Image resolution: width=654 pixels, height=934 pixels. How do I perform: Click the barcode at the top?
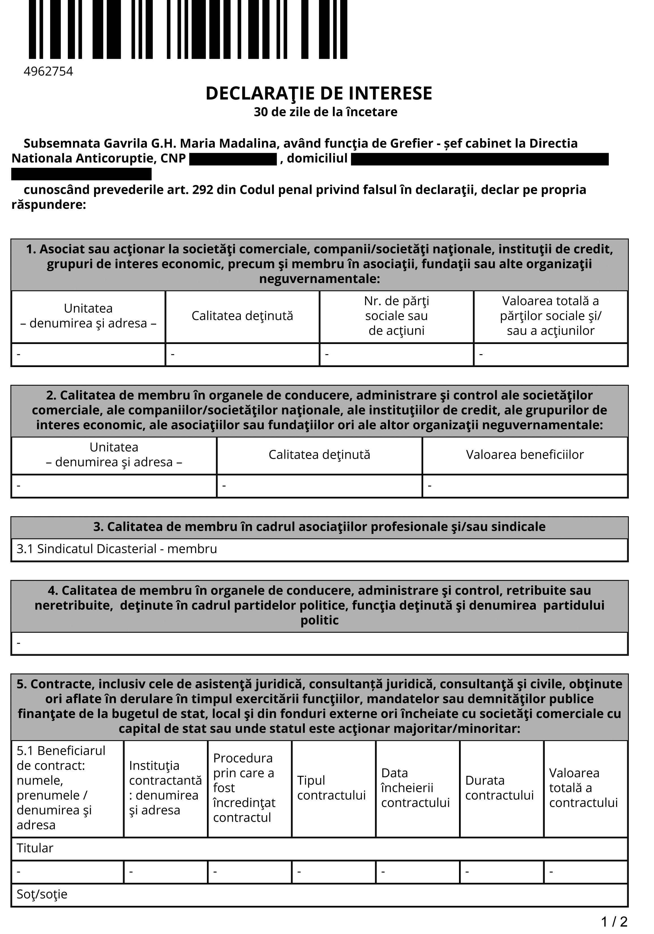pyautogui.click(x=188, y=29)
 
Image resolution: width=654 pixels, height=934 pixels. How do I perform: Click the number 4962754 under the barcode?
pyautogui.click(x=48, y=72)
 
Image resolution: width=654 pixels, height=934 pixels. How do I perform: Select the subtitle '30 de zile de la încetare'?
pyautogui.click(x=325, y=112)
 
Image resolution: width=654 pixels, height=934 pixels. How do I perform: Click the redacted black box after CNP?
pyautogui.click(x=233, y=159)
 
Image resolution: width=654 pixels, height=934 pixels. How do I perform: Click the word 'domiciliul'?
pyautogui.click(x=317, y=158)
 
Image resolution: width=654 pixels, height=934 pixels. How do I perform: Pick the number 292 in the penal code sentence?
pyautogui.click(x=202, y=190)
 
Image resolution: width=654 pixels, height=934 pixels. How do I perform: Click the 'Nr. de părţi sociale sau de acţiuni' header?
pyautogui.click(x=396, y=316)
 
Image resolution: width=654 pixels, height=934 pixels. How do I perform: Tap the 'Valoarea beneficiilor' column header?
pyautogui.click(x=525, y=454)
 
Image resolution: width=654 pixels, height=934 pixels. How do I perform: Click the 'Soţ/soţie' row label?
pyautogui.click(x=42, y=894)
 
